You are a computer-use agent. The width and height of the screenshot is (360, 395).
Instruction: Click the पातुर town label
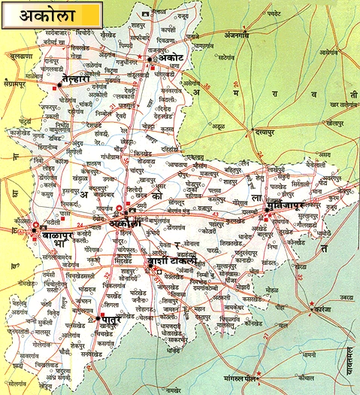(112, 324)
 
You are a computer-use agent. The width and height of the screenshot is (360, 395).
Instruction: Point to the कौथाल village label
(306, 374)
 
